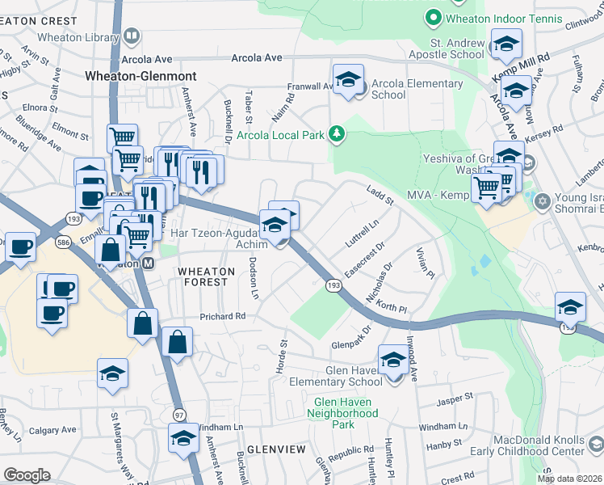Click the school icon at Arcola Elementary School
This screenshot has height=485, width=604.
click(x=348, y=80)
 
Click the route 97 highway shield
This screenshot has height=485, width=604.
click(x=179, y=414)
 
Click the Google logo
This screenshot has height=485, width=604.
click(x=27, y=474)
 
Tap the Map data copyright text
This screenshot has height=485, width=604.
click(x=568, y=479)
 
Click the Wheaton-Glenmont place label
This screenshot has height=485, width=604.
click(x=141, y=75)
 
